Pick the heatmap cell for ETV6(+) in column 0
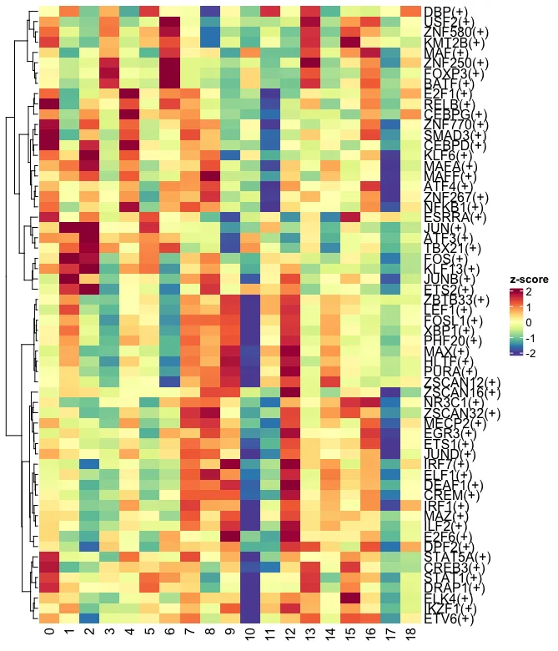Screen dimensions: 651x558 [x=49, y=618]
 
